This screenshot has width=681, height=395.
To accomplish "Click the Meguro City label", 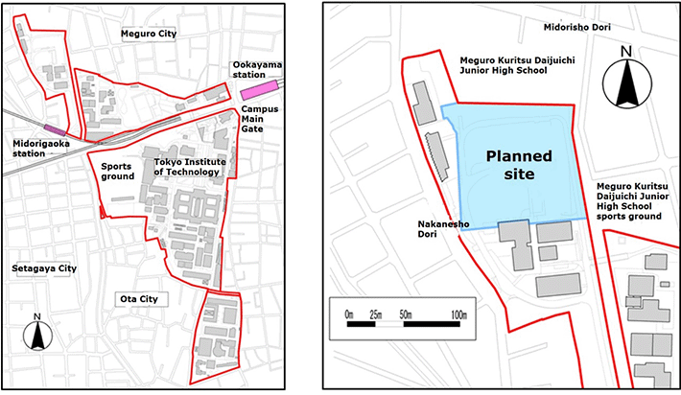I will click(x=150, y=34).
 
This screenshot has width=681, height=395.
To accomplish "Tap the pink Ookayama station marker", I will click(x=260, y=88).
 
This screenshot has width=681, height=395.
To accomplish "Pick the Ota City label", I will click(x=138, y=299).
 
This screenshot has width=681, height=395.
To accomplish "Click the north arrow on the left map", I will click(x=36, y=335).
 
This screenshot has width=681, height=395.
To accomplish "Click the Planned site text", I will click(x=518, y=166).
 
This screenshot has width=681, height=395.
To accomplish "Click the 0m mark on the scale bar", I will click(x=349, y=314).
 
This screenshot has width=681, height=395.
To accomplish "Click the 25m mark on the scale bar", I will click(x=376, y=314).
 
